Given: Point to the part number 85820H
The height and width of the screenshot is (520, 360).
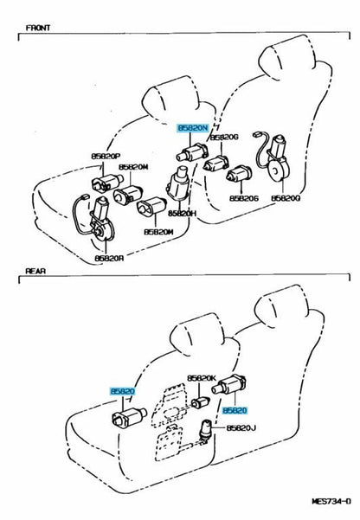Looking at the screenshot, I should (x=183, y=214).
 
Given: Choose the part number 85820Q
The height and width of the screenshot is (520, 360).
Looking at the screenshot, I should (x=286, y=198).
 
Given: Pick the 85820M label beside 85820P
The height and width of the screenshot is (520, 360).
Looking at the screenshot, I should (x=134, y=167).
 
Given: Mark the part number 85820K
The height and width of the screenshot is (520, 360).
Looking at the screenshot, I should (x=203, y=379).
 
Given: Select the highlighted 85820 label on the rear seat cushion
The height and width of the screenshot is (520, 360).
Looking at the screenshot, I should (x=123, y=392).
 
